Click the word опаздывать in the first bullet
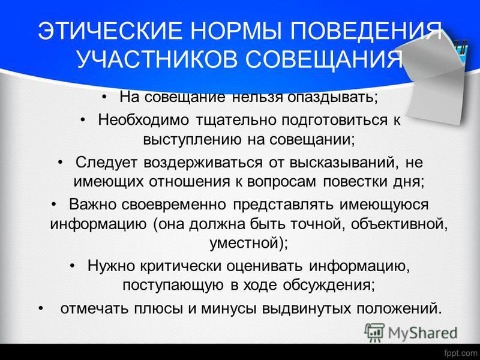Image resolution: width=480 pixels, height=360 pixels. pyautogui.click(x=332, y=97)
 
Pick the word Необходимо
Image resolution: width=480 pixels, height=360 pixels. pyautogui.click(x=143, y=119)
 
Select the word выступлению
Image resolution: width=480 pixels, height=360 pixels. pyautogui.click(x=192, y=140)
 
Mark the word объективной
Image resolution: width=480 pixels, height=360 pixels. pyautogui.click(x=399, y=224)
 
